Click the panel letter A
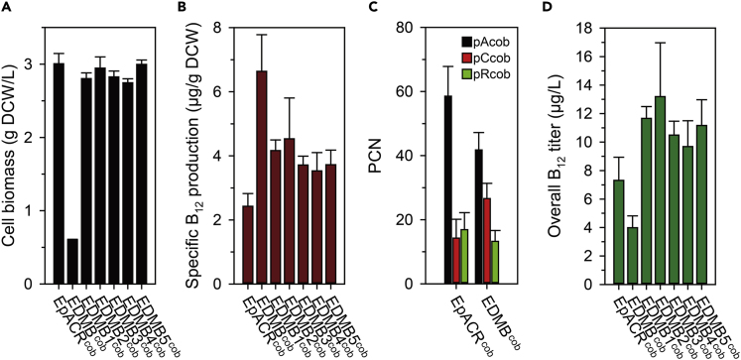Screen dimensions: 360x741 [8, 8]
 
